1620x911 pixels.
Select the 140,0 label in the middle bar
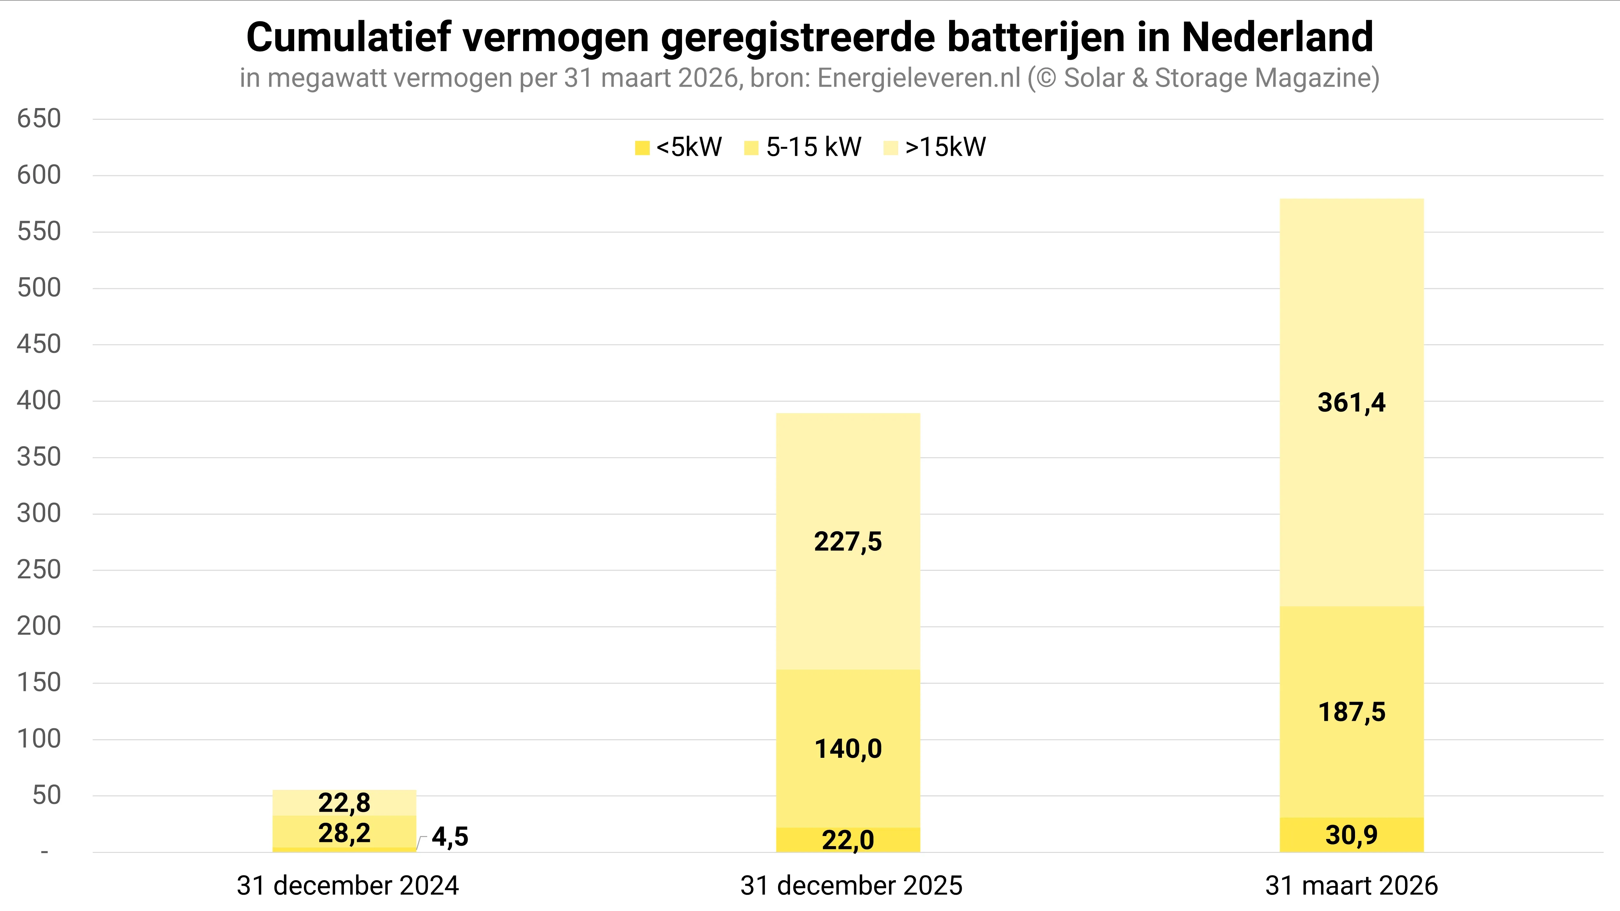(x=848, y=749)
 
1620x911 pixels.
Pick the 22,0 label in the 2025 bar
(x=848, y=840)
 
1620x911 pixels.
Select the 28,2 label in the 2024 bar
(x=344, y=833)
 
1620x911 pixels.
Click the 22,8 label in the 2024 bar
(x=344, y=803)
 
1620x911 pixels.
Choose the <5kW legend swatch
(x=642, y=148)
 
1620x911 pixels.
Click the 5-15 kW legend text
(x=813, y=147)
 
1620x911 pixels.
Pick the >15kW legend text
(x=945, y=147)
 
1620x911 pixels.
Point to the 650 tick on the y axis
(x=39, y=119)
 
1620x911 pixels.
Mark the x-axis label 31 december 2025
(x=851, y=885)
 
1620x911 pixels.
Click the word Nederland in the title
(x=1277, y=38)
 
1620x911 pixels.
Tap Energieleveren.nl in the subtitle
(x=919, y=78)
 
